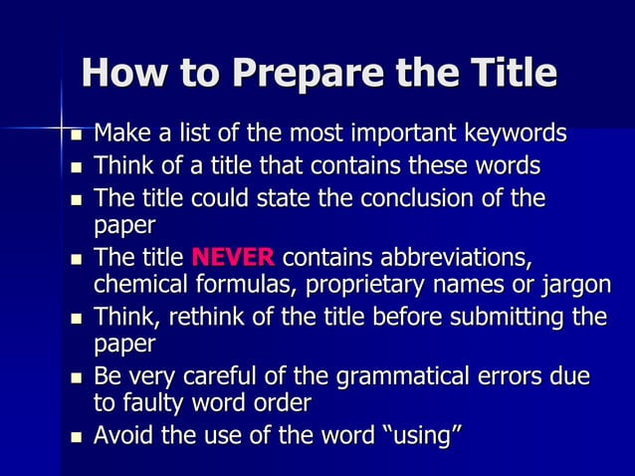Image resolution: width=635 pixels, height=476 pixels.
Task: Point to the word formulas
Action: click(245, 285)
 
